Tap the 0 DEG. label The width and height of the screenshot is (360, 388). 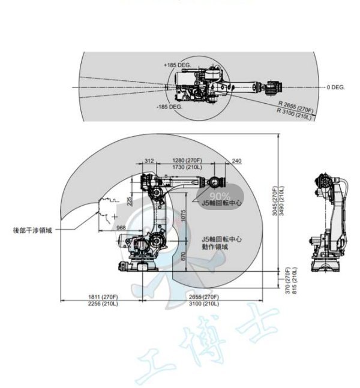[x=336, y=88]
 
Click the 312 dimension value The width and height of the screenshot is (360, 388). [x=149, y=161]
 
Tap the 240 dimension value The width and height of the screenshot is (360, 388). [x=236, y=161]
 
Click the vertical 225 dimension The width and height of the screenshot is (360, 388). [x=131, y=201]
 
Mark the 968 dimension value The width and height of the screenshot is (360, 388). [x=121, y=227]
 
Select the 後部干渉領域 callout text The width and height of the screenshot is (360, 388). [x=33, y=229]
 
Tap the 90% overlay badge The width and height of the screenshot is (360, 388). [x=220, y=195]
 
